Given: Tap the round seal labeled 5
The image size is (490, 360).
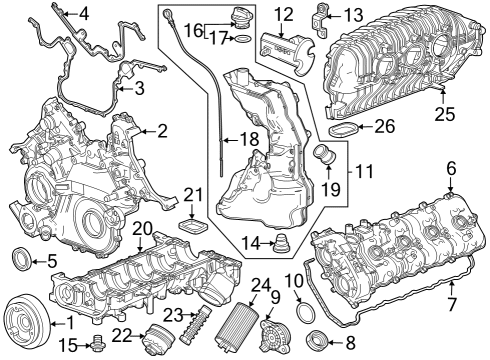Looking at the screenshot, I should [20, 262].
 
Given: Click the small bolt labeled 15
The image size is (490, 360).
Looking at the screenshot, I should [97, 346].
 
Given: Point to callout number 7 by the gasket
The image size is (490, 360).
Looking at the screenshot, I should [451, 301].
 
